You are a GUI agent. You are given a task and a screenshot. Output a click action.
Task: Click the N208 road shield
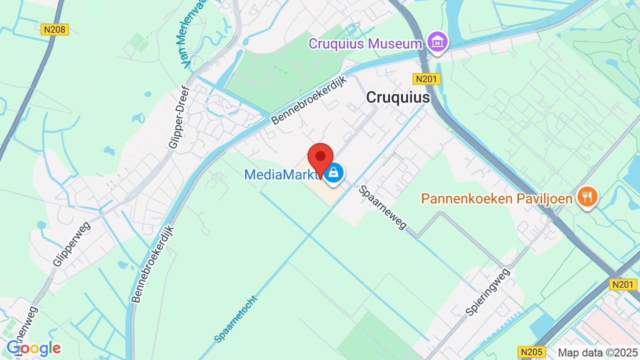point(54,29)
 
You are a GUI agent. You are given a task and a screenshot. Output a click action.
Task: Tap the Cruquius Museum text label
point(365,43)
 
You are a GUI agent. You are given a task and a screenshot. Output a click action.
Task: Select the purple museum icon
point(437,42)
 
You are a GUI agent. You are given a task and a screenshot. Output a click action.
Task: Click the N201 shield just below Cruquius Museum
point(426,78)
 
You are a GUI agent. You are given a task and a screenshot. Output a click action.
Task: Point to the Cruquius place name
point(397,97)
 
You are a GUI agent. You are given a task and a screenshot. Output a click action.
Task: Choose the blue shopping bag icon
point(333,173)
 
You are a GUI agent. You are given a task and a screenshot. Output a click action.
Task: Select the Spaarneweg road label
point(383,207)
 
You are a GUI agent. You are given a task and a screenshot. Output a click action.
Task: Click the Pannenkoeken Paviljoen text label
point(496,198)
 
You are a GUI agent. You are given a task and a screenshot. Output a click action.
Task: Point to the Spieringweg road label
point(487,291)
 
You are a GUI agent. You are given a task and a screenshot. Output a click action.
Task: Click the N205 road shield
point(531,351)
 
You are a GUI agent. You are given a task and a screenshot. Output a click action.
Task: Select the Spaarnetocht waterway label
point(235,319)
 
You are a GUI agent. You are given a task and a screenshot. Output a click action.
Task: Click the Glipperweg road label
point(71,243)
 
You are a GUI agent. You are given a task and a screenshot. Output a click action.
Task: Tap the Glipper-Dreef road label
point(179,118)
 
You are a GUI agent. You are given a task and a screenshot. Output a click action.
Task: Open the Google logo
point(33,348)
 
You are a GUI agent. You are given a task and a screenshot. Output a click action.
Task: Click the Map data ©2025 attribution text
point(597,352)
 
